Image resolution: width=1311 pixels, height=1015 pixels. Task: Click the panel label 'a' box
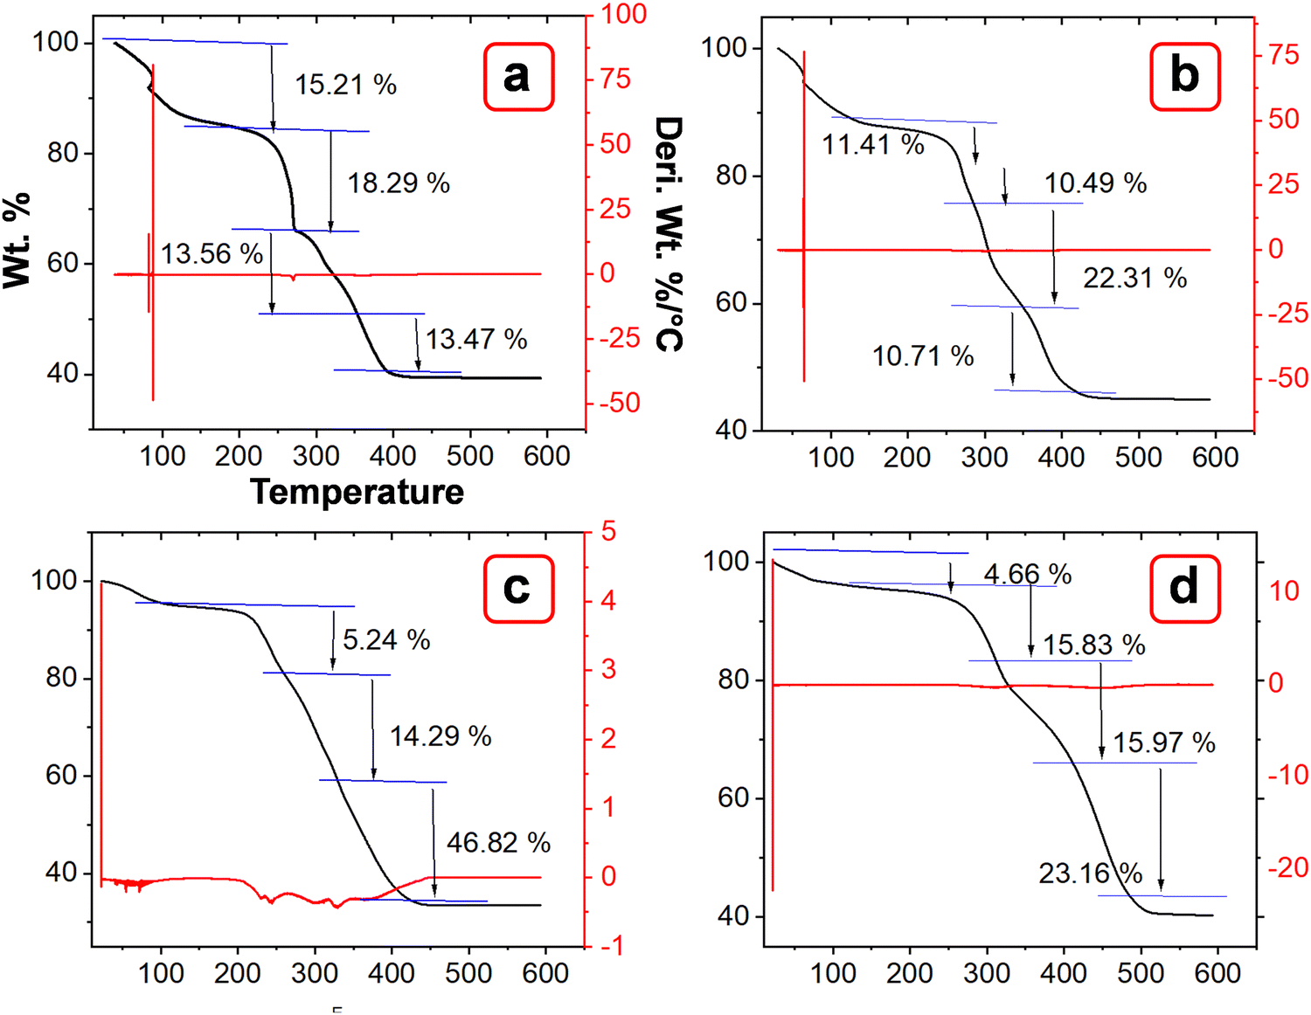(x=518, y=77)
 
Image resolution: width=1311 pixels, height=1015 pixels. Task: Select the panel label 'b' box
(x=1184, y=77)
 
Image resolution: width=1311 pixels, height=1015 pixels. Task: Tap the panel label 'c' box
(x=518, y=589)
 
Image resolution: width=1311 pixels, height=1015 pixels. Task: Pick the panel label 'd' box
(x=1184, y=589)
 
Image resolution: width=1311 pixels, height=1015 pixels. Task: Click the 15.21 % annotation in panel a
(x=345, y=85)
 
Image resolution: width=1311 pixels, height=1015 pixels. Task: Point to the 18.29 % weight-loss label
(x=399, y=183)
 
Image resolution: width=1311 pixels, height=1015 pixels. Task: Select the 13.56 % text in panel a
(x=212, y=254)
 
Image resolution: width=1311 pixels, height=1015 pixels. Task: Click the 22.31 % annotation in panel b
(x=1134, y=279)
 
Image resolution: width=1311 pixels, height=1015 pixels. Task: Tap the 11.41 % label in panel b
(x=873, y=145)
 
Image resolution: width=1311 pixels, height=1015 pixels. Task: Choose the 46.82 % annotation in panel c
(x=498, y=843)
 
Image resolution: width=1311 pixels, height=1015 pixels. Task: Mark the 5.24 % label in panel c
(x=386, y=640)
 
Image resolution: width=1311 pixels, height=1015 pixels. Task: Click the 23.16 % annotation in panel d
(x=1090, y=873)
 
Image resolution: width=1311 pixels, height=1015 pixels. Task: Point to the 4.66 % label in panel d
(x=1027, y=575)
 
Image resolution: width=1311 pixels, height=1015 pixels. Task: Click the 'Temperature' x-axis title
(x=357, y=493)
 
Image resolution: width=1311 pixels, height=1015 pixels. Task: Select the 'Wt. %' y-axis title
(x=17, y=240)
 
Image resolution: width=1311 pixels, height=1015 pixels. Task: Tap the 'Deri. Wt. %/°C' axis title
(x=669, y=234)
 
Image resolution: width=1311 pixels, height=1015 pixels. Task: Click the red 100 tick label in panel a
(x=623, y=14)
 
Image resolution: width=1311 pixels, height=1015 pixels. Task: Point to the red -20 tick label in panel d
(x=1288, y=867)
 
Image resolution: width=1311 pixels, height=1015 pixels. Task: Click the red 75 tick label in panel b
(x=1283, y=55)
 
